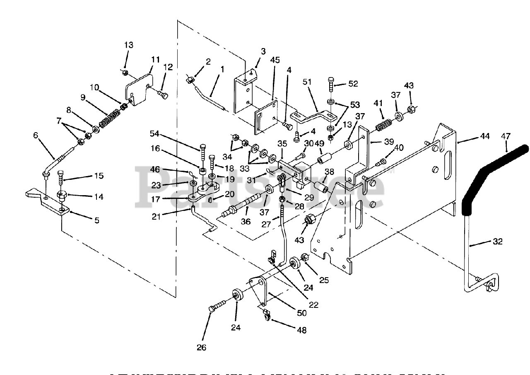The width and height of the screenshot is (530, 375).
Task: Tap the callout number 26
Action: pos(201,348)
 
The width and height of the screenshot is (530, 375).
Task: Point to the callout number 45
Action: pos(276,60)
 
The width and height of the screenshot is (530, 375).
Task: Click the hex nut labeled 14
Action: pos(62,195)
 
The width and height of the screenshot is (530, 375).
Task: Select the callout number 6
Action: pos(36,136)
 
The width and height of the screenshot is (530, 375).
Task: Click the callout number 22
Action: pos(314,305)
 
